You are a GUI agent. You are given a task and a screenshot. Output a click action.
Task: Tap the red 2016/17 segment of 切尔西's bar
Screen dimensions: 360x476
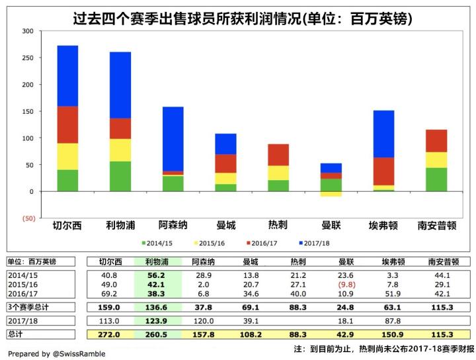68,124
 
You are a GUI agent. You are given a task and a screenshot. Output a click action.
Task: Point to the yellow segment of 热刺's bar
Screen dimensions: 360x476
278,173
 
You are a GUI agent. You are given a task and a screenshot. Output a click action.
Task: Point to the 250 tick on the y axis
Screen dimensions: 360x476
27,58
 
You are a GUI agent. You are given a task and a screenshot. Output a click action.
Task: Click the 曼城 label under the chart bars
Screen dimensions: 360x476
225,226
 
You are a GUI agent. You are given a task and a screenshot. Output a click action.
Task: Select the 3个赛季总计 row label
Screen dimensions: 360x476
30,307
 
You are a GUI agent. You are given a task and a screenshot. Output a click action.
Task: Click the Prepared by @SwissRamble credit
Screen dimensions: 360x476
58,353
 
